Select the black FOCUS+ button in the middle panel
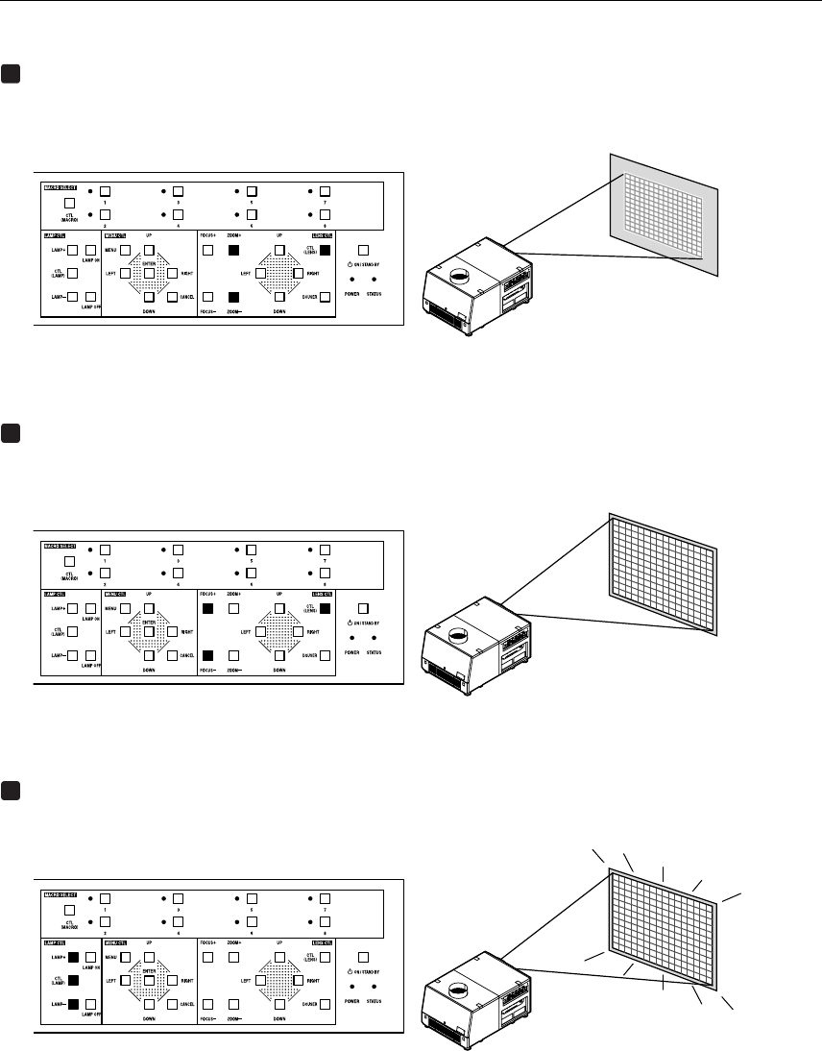click(208, 608)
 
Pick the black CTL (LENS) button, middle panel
click(325, 608)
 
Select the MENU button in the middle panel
click(125, 608)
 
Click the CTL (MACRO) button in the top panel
click(69, 204)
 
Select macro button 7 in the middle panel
click(325, 550)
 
